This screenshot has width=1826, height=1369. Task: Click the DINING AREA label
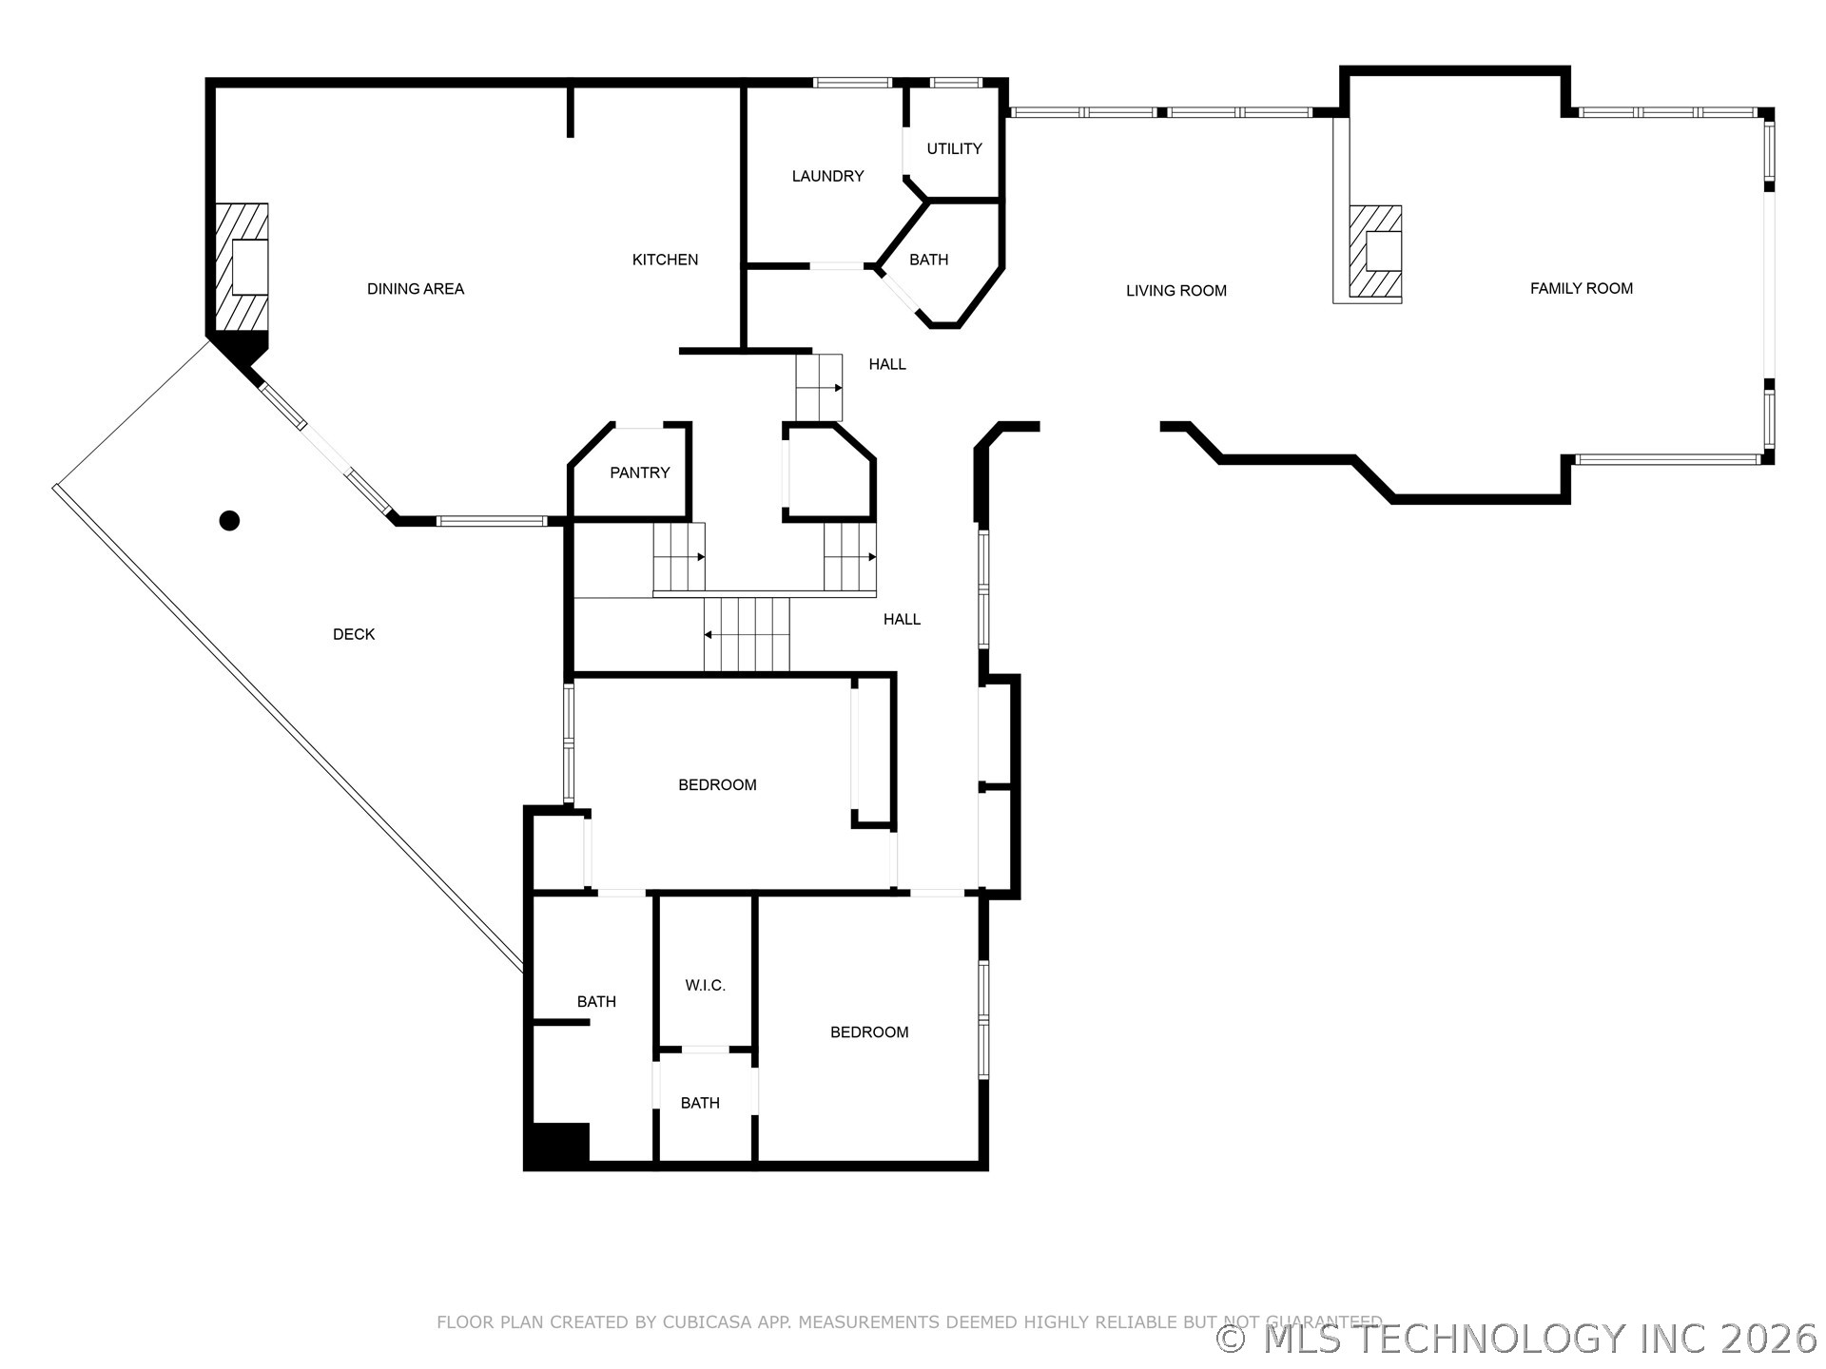tap(416, 289)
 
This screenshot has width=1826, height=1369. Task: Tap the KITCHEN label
tap(665, 260)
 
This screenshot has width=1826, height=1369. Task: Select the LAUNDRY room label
tap(827, 176)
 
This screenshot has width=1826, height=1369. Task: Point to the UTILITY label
tap(954, 148)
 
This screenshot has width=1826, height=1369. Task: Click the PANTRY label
tap(640, 472)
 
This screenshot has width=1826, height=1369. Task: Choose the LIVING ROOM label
tap(1176, 291)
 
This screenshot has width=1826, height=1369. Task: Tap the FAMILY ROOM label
tap(1581, 288)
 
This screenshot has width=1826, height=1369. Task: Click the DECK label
tap(354, 634)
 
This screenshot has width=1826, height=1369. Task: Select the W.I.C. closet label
tap(705, 986)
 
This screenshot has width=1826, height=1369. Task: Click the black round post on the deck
tap(229, 520)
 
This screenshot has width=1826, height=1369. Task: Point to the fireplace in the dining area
tap(241, 267)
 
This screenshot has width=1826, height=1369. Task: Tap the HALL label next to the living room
tap(887, 364)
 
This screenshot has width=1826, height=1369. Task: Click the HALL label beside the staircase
tap(902, 619)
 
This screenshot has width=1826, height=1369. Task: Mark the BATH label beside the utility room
tap(928, 260)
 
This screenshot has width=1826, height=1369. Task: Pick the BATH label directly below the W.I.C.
tap(700, 1103)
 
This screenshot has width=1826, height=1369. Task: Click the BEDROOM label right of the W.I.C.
tap(869, 1032)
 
